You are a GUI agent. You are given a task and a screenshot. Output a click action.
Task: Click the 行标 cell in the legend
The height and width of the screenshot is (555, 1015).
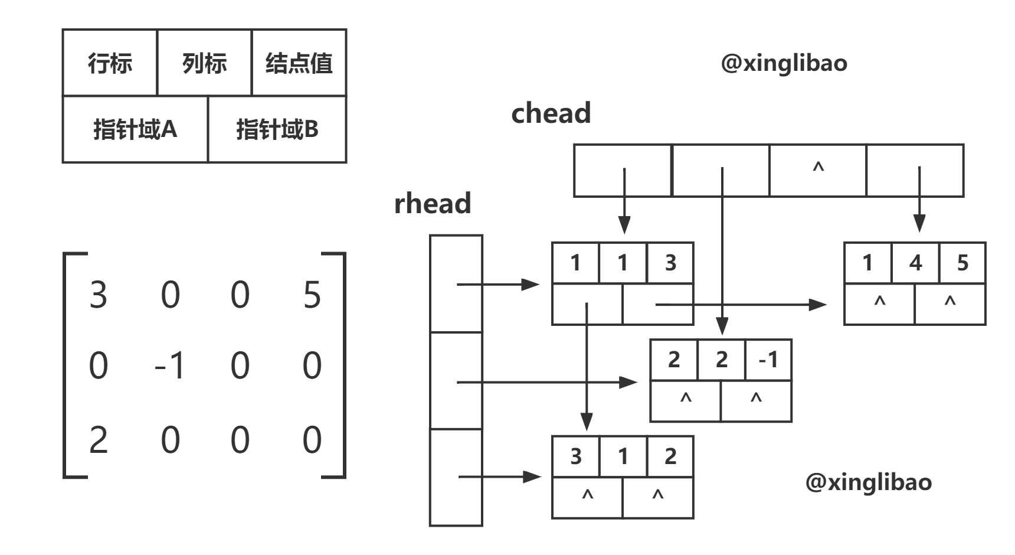click(x=110, y=63)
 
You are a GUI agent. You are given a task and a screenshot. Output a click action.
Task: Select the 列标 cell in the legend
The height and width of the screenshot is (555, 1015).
click(x=204, y=63)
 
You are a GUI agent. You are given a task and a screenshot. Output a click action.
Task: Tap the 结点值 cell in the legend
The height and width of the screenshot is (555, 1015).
click(x=299, y=63)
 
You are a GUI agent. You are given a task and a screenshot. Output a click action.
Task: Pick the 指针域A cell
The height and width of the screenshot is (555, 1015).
click(x=135, y=129)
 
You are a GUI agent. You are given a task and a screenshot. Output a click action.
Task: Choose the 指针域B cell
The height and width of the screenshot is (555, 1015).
click(x=277, y=129)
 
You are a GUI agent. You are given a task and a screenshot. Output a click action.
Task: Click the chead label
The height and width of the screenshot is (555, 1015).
click(x=551, y=113)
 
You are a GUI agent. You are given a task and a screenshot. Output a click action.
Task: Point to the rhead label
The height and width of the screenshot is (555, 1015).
click(x=433, y=203)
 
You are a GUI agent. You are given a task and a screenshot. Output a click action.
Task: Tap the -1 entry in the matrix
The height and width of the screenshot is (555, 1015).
click(x=169, y=365)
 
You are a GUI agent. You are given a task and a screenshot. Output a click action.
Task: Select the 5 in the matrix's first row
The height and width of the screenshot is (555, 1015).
click(x=312, y=295)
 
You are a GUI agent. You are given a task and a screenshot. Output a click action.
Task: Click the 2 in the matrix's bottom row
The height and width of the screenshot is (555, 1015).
click(x=98, y=440)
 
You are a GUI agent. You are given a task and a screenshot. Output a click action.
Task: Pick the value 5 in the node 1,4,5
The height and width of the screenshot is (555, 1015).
click(x=962, y=263)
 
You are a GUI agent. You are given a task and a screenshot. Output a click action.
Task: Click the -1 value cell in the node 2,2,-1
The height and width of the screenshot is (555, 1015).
click(x=768, y=360)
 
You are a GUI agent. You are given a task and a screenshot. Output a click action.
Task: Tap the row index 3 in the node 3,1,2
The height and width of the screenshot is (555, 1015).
click(x=576, y=456)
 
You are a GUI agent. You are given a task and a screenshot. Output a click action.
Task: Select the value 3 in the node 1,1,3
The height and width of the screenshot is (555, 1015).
click(x=670, y=263)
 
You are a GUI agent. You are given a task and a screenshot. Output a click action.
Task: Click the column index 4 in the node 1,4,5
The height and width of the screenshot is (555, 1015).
click(x=915, y=263)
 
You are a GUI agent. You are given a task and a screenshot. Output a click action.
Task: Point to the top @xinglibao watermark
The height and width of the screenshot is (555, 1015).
click(x=783, y=63)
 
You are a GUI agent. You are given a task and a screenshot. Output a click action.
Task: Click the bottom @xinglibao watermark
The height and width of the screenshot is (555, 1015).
click(x=868, y=482)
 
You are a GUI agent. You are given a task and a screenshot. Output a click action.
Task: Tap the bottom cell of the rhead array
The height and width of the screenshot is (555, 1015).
click(x=456, y=477)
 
